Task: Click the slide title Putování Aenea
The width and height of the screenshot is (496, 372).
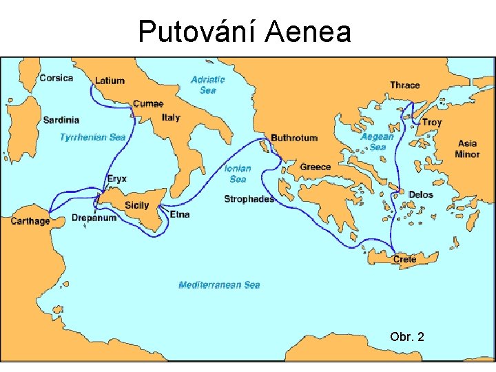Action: pos(245,32)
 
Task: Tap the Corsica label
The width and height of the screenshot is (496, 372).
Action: pos(56,78)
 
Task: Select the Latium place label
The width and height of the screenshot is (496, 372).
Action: pos(110,81)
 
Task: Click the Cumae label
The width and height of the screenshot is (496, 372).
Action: pos(148,104)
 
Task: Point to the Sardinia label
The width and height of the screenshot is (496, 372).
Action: pos(61,120)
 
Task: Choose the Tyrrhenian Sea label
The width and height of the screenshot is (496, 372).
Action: pos(93,137)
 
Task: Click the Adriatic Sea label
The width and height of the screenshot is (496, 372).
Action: pos(207,85)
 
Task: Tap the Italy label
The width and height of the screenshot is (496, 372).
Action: pos(171,117)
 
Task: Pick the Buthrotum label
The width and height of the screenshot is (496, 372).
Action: pos(294,138)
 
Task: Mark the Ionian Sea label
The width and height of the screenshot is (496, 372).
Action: pos(238,174)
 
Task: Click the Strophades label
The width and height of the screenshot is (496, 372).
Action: pos(249,199)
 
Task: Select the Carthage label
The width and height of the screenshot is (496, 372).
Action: pos(30,221)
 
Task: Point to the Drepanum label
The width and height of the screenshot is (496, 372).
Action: pos(94,218)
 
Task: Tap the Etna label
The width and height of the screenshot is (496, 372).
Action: pos(180,214)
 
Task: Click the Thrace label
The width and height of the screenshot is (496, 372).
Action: pos(404,85)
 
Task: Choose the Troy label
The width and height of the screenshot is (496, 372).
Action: pos(432,122)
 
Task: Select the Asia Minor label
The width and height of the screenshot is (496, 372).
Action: pos(467,149)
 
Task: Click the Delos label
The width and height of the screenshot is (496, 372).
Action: pos(420,195)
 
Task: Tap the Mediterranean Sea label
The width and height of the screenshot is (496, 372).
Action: pos(219,285)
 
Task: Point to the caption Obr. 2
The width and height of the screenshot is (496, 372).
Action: pos(406,337)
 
